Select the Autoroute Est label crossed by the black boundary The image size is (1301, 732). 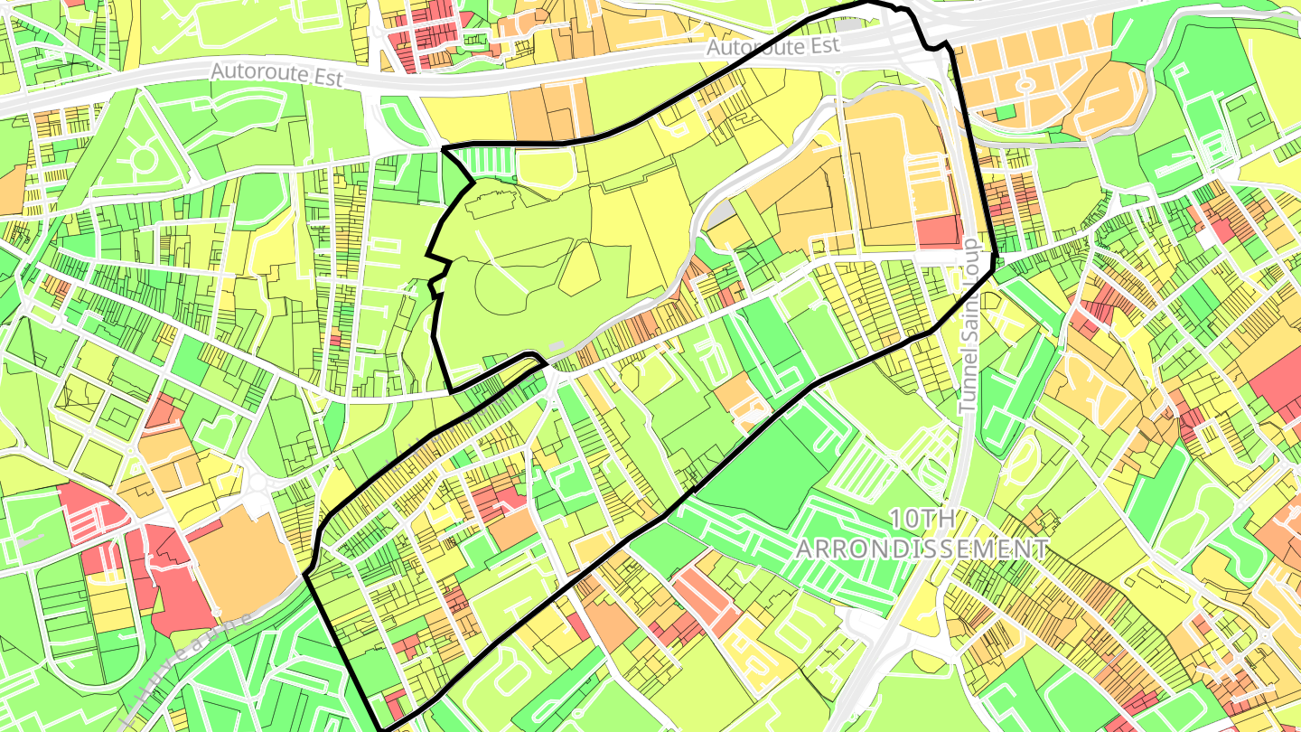click(x=773, y=46)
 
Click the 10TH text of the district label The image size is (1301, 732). click(x=922, y=519)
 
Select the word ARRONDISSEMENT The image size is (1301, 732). click(x=922, y=549)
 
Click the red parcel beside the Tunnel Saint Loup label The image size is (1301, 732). click(x=939, y=232)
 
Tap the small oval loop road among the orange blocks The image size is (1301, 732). click(x=1026, y=86)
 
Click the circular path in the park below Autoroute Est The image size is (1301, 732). click(x=143, y=161)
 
